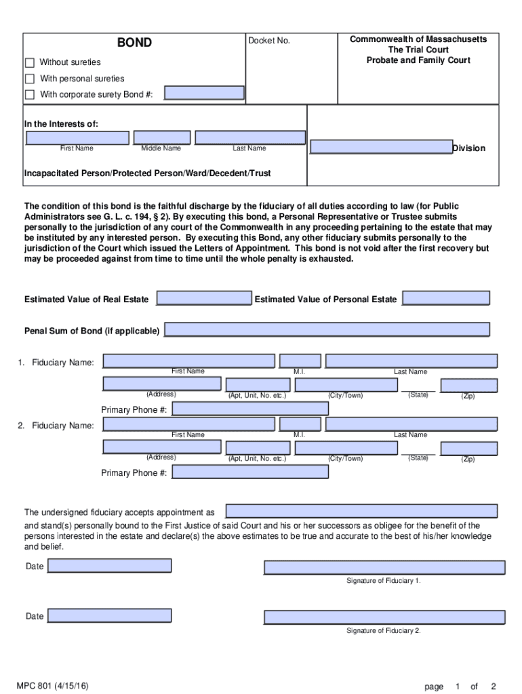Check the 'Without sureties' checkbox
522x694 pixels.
(30, 62)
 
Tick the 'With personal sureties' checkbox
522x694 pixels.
(30, 79)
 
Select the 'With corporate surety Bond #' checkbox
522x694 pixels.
(30, 94)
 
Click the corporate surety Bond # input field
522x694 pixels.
(204, 94)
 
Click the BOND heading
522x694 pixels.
(134, 43)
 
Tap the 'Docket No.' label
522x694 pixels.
(269, 41)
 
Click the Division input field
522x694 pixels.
(381, 147)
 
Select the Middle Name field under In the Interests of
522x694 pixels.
(161, 138)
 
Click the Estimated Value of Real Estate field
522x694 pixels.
(204, 298)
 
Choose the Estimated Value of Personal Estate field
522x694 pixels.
(445, 298)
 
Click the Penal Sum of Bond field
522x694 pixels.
(327, 329)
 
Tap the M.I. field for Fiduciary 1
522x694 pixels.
(300, 361)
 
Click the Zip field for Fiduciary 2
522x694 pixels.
(468, 448)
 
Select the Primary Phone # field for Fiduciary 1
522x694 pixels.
(249, 409)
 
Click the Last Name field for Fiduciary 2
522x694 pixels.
(411, 424)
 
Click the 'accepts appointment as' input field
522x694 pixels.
(361, 511)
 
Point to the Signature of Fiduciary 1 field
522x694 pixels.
(384, 568)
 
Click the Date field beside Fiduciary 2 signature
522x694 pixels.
(109, 615)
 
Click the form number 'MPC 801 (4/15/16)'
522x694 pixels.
(53, 686)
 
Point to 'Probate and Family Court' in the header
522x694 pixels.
(418, 60)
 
